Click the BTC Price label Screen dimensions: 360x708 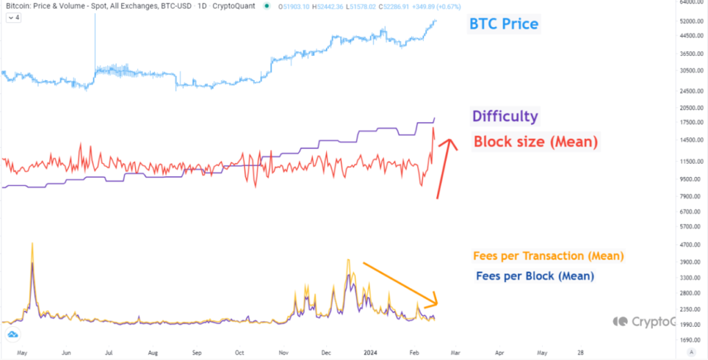(503, 24)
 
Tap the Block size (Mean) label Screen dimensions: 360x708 (535, 142)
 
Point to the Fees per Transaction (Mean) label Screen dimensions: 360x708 (548, 256)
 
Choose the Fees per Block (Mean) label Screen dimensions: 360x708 (535, 276)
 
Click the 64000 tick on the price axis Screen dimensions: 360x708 (690, 3)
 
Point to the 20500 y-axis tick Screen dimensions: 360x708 (690, 108)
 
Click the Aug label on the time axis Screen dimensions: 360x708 (153, 352)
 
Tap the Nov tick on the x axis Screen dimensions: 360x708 (283, 352)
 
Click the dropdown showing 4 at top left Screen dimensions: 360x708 (13, 18)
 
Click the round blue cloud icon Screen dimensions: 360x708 (12, 334)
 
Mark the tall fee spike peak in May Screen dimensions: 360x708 (32, 245)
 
